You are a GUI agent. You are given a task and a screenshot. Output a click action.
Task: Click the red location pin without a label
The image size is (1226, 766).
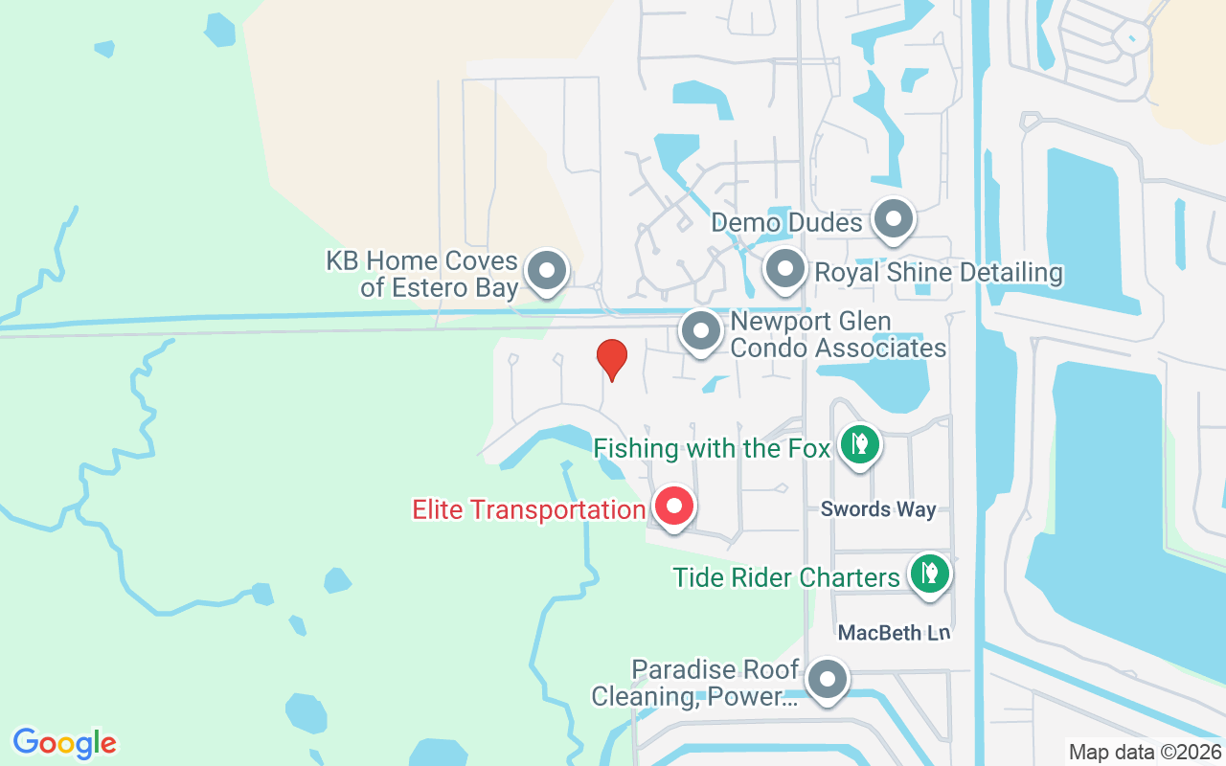[612, 358]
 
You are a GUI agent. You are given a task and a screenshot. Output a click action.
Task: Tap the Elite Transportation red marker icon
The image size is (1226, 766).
[674, 505]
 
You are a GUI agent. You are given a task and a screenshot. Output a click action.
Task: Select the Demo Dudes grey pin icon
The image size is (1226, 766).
[894, 219]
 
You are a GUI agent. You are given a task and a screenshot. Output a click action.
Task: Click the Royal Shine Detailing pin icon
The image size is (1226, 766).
[785, 269]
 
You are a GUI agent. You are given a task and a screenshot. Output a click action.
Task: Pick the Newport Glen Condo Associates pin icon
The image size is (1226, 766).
[700, 331]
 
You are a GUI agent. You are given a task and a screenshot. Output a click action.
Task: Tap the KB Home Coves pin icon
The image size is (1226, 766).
[547, 270]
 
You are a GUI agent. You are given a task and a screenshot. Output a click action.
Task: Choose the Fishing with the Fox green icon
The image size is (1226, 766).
[859, 443]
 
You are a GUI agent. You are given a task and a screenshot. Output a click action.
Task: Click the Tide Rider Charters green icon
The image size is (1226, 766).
[927, 574]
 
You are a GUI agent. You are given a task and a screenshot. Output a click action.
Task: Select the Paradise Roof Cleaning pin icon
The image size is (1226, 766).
[827, 681]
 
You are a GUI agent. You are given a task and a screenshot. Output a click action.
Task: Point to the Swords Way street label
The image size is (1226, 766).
[877, 509]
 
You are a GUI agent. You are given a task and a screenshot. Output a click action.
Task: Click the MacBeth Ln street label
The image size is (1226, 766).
[894, 633]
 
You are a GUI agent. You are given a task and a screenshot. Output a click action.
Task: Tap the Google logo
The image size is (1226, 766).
[65, 743]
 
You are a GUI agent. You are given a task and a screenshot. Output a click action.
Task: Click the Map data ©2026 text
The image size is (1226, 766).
[1145, 752]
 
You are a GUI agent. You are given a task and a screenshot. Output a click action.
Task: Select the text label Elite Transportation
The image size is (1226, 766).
[529, 509]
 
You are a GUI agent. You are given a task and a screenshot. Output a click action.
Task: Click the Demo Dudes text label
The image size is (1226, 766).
[786, 223]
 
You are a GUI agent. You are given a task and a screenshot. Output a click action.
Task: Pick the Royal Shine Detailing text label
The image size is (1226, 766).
[939, 273]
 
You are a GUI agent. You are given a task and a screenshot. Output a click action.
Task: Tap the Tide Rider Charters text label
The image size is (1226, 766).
[786, 577]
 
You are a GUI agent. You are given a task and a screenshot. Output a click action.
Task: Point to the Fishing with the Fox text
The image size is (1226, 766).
[712, 448]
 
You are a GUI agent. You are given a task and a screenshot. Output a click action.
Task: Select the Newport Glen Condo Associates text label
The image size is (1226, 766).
[838, 334]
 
